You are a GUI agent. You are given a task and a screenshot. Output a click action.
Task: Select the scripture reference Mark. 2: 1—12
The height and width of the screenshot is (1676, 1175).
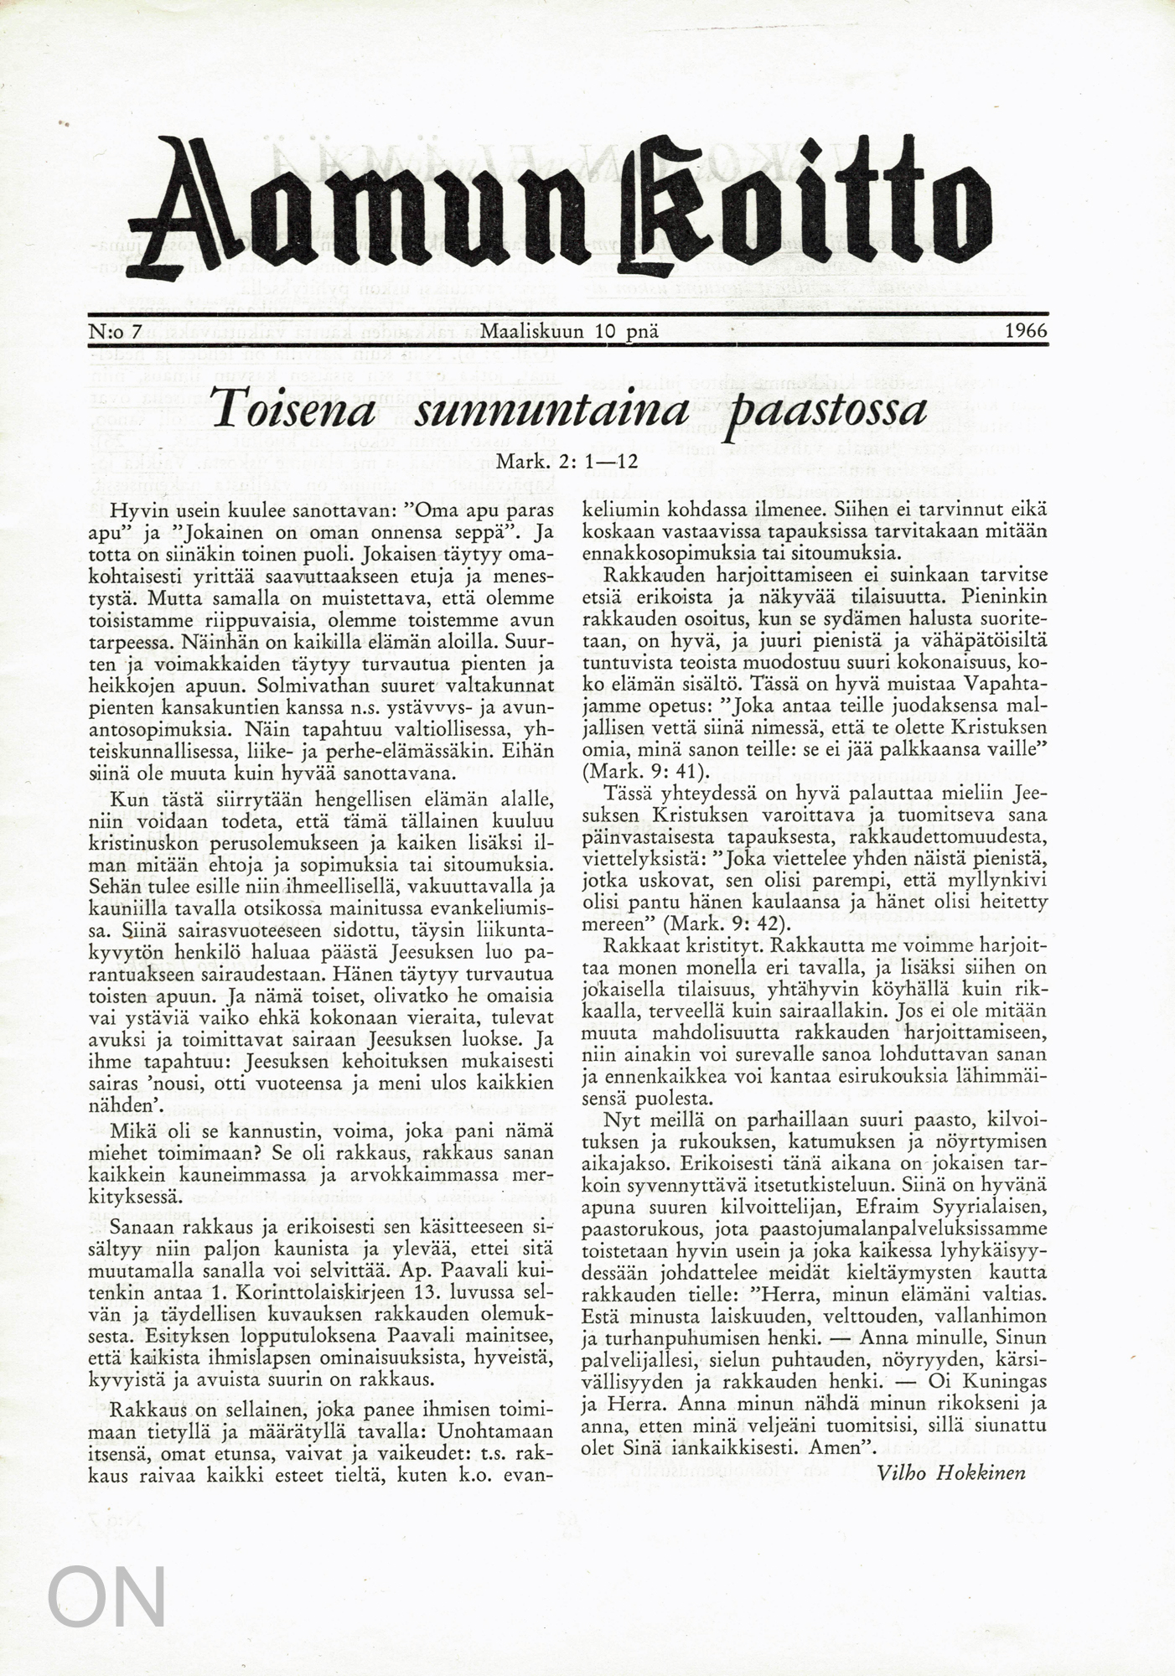tap(567, 461)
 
